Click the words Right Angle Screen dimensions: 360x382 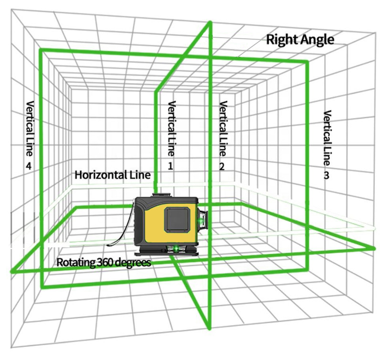pyautogui.click(x=300, y=39)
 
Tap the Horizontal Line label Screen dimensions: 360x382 pyautogui.click(x=113, y=175)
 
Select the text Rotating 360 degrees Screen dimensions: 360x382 pyautogui.click(x=104, y=262)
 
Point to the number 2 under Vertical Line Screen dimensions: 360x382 pyautogui.click(x=222, y=166)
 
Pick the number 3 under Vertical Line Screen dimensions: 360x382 pyautogui.click(x=326, y=176)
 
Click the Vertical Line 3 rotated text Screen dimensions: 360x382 pyautogui.click(x=327, y=136)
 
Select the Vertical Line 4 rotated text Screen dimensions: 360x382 pyautogui.click(x=30, y=129)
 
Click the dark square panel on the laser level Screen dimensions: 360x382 pyautogui.click(x=178, y=220)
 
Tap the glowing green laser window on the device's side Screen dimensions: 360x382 pyautogui.click(x=202, y=220)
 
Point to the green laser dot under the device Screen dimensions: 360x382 pyautogui.click(x=176, y=248)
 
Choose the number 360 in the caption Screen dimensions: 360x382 pyautogui.click(x=106, y=262)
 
